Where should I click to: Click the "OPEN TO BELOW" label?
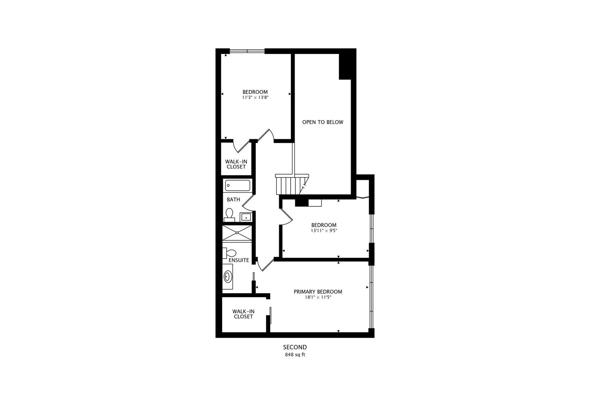click(322, 122)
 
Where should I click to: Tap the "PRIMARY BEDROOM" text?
click(318, 291)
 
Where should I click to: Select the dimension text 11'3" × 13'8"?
click(255, 98)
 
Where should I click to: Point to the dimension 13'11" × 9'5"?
click(323, 231)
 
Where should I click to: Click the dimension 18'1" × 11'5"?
click(318, 297)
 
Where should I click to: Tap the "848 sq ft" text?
click(295, 354)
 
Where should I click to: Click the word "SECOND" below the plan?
click(295, 347)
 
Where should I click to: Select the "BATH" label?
click(233, 200)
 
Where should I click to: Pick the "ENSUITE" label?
click(239, 260)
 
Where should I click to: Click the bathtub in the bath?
click(237, 185)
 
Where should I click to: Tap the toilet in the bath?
click(229, 215)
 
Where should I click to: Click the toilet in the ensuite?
click(230, 252)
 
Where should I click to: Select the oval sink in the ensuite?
click(228, 277)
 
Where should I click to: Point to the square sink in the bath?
click(246, 217)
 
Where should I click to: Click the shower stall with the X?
click(237, 232)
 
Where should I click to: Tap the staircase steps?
click(286, 185)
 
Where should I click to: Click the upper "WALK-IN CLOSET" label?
click(236, 164)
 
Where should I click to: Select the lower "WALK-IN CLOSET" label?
click(243, 314)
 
